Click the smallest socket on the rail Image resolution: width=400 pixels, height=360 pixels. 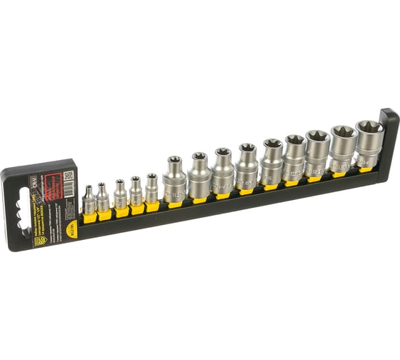(89, 201)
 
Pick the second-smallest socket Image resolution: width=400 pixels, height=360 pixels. (104, 197)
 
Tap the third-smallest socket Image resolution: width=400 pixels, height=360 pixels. (120, 194)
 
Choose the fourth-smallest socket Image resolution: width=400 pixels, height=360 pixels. (136, 191)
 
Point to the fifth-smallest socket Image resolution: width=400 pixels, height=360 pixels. (151, 189)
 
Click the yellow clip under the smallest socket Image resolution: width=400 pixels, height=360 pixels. (90, 217)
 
